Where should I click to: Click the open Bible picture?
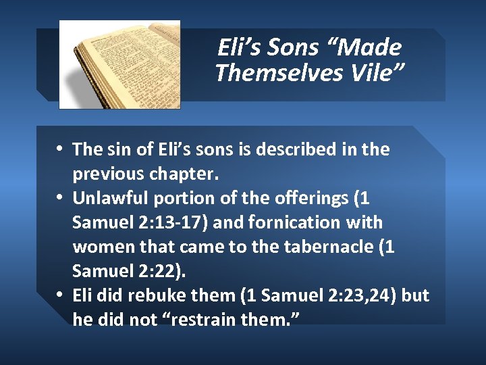point(119,64)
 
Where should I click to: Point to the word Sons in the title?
point(292,47)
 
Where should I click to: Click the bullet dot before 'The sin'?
point(61,149)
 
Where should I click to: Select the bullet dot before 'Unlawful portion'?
point(61,198)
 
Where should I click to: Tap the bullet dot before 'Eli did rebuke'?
point(61,295)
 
